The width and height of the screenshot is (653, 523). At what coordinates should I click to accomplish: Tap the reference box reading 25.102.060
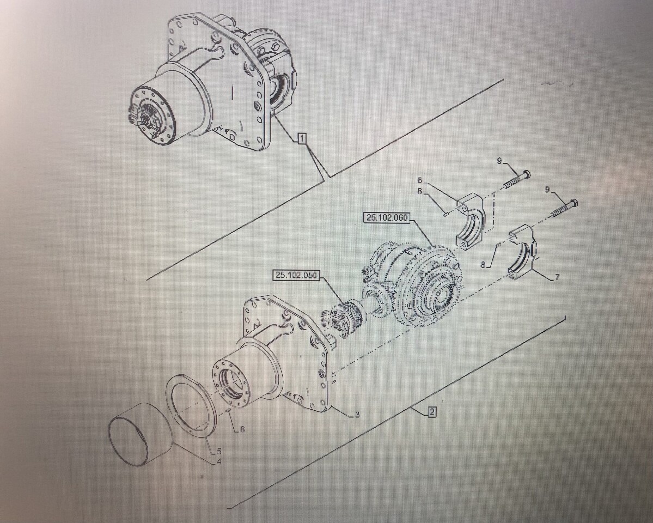pyautogui.click(x=387, y=218)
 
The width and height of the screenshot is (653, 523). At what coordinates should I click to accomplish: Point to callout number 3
pyautogui.click(x=357, y=415)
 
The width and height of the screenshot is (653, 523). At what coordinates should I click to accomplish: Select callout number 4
pyautogui.click(x=218, y=462)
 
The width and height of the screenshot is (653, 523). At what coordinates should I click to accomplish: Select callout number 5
pyautogui.click(x=218, y=451)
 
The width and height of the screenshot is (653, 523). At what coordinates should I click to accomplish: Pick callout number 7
pyautogui.click(x=557, y=277)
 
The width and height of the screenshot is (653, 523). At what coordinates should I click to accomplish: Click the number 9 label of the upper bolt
pyautogui.click(x=499, y=160)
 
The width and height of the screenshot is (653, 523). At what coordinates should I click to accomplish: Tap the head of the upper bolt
pyautogui.click(x=526, y=174)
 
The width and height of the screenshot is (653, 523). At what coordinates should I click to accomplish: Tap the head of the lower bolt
pyautogui.click(x=573, y=203)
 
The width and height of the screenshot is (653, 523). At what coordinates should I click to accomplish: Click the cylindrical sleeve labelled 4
pyautogui.click(x=140, y=434)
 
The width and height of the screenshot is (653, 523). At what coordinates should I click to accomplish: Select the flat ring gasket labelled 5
pyautogui.click(x=192, y=406)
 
